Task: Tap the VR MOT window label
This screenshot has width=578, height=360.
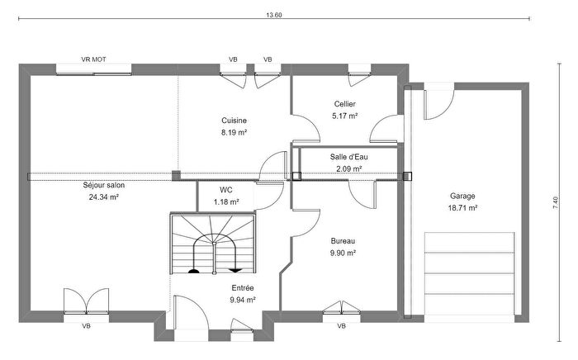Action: tap(93, 59)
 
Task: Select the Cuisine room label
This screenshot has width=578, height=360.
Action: tap(235, 120)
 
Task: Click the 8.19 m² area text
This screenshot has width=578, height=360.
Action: tap(235, 132)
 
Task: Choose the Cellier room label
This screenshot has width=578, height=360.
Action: tap(345, 104)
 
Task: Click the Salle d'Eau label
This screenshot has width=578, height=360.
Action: tap(349, 157)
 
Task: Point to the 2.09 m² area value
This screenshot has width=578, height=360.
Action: tap(349, 169)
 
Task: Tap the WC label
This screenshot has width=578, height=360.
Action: tap(226, 189)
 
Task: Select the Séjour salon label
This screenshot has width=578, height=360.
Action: tap(104, 185)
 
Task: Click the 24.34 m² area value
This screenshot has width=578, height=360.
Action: tap(104, 197)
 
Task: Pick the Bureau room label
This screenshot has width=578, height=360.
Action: tap(342, 240)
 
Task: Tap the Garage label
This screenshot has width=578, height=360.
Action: tap(462, 197)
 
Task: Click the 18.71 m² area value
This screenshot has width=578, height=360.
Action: tap(462, 209)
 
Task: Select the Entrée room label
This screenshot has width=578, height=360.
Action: tap(242, 288)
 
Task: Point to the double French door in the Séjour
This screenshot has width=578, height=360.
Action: tap(86, 301)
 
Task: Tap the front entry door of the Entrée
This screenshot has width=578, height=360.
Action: tap(190, 315)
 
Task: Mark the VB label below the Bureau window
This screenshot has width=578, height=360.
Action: tap(341, 326)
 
